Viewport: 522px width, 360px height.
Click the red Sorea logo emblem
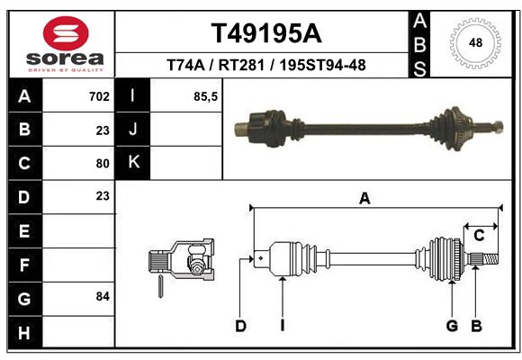click(66, 33)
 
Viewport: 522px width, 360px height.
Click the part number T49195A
click(266, 33)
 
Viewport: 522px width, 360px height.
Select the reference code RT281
click(241, 65)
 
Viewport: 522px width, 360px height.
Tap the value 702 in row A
click(99, 96)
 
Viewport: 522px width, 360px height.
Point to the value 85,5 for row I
click(205, 97)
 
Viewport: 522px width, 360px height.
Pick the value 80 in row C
click(103, 164)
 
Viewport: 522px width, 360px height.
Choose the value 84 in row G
click(103, 296)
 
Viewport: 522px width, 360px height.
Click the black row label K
click(132, 163)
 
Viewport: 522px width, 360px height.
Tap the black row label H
click(24, 332)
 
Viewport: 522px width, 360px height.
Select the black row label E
click(24, 230)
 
